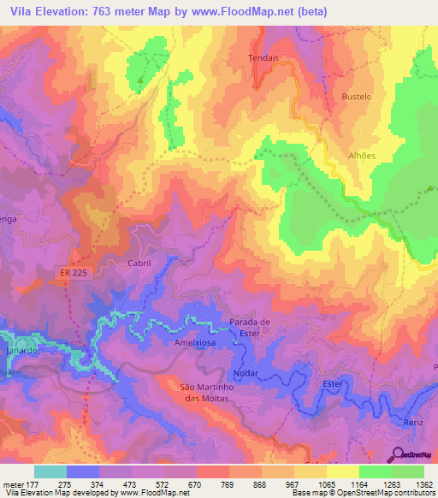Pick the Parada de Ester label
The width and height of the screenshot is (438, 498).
250,328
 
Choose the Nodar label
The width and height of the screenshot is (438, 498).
245,374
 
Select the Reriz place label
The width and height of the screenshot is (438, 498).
413,424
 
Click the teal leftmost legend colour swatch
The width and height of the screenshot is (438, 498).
50,471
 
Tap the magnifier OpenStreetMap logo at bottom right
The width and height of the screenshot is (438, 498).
396,454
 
